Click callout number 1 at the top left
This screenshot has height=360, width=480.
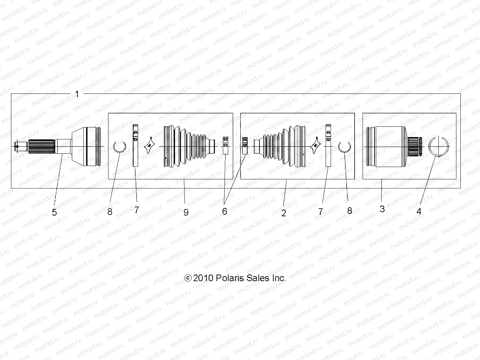(77, 94)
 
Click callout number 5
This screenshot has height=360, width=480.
(55, 212)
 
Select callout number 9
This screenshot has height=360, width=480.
(186, 212)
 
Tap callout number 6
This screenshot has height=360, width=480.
(225, 211)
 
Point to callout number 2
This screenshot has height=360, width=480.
(284, 213)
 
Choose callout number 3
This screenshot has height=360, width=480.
(382, 209)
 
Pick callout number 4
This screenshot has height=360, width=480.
(419, 211)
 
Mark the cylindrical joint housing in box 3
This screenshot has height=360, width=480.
(386, 146)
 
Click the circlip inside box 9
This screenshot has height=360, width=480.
(119, 146)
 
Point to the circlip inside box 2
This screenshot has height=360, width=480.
(345, 146)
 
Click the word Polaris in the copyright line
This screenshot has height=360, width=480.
(231, 278)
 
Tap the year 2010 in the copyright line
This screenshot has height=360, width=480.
(203, 278)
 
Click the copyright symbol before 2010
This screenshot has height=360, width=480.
(188, 278)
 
